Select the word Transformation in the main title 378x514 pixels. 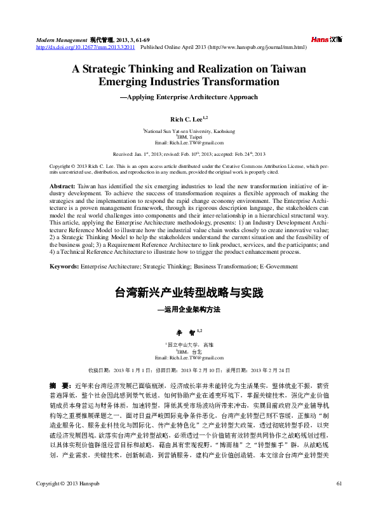click(241, 82)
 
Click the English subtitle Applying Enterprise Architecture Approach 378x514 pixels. click(189, 97)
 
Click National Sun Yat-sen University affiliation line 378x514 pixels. click(189, 130)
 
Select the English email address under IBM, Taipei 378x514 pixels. click(189, 142)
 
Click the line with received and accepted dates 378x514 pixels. click(189, 154)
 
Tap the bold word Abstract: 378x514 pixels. click(62, 185)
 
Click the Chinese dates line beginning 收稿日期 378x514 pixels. click(189, 370)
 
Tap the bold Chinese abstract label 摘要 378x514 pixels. click(60, 385)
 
